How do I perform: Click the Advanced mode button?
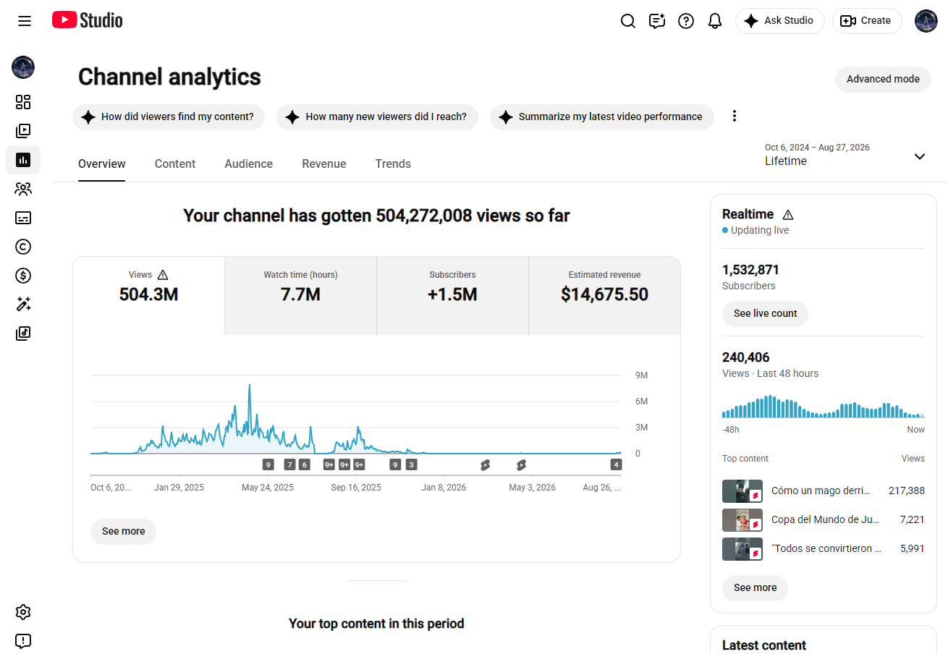coord(883,79)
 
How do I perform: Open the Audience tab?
coord(248,163)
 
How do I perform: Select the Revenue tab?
coord(323,163)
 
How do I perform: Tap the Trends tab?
coord(393,163)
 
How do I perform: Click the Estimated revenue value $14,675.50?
coord(604,294)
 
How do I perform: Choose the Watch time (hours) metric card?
coord(300,295)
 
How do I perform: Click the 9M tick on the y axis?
coord(641,375)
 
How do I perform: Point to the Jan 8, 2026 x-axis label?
coord(444,488)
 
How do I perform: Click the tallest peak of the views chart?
coord(250,385)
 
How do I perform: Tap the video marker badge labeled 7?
coord(289,465)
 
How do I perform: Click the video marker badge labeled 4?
coord(616,465)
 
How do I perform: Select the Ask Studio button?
coord(779,21)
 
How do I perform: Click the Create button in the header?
coord(867,21)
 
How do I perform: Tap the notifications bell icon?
coord(715,21)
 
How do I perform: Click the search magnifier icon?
coord(627,21)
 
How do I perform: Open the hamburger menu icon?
coord(25,21)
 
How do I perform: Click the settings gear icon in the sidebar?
coord(23,612)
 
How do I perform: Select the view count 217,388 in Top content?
coord(907,490)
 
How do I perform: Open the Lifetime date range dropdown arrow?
coord(919,156)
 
